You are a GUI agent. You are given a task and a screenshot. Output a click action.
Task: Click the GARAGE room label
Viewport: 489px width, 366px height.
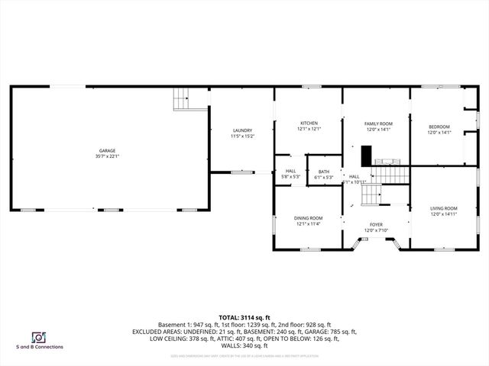[x=108, y=151]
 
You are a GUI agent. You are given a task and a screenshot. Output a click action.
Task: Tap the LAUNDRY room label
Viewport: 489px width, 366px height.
[x=242, y=131]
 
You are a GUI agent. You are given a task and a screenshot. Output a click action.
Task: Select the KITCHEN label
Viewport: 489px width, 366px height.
[x=309, y=124]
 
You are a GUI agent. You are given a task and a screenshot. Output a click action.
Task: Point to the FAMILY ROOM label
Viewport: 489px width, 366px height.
[x=378, y=124]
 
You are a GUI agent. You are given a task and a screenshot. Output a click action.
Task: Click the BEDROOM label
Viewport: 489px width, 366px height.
[x=439, y=127]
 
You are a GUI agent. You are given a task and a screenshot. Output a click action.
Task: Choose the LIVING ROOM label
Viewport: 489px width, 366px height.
[x=444, y=208]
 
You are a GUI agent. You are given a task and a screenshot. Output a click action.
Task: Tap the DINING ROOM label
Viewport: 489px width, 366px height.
[x=309, y=218]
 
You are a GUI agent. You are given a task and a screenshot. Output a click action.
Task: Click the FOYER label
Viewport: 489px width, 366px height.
[x=377, y=224]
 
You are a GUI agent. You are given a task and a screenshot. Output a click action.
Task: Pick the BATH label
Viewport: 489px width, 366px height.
[x=324, y=172]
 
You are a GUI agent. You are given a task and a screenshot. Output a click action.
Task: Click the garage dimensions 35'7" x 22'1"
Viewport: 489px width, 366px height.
[x=108, y=156]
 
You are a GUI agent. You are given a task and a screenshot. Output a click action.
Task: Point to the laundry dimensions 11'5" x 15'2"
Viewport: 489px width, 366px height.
[x=242, y=136]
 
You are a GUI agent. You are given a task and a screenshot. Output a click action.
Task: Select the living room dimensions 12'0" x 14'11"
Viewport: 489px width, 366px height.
[x=444, y=213]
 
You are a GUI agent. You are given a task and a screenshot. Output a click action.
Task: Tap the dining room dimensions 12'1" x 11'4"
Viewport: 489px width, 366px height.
[x=309, y=223]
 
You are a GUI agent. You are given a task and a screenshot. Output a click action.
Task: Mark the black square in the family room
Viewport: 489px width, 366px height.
[x=367, y=154]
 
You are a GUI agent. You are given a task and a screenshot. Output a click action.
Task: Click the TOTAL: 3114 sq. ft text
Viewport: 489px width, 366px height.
[x=244, y=317]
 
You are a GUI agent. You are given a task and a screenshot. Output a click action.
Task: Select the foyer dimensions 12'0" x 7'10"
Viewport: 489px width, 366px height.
[x=377, y=230]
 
